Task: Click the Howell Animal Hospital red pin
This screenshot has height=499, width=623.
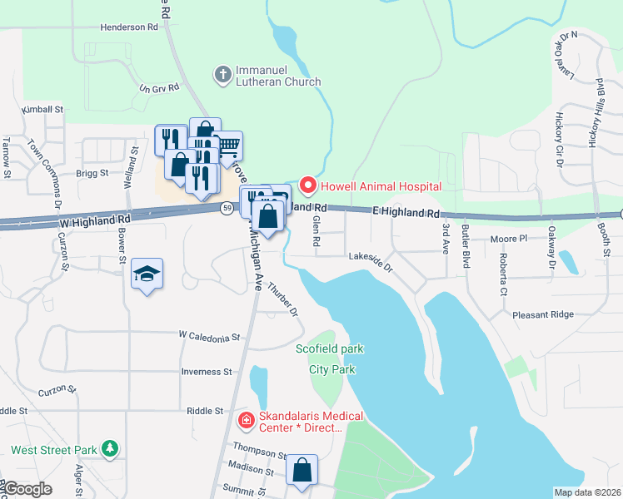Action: coord(308,184)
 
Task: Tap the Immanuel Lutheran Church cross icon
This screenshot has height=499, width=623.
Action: coord(222,75)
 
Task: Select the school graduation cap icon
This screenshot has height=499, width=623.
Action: coord(147,274)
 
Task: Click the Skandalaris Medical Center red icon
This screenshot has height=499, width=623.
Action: coord(246,421)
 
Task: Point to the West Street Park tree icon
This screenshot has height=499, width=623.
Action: coord(109,449)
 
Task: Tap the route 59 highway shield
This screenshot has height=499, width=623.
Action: coord(227,209)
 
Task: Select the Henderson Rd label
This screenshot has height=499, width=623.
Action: coord(129,27)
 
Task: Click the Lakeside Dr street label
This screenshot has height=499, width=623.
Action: coord(370,259)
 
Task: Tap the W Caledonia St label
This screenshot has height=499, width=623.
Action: coord(208,337)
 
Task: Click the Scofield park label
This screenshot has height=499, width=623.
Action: coord(330,348)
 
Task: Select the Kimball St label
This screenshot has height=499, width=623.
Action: coord(42,109)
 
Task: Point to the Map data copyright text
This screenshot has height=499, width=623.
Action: coord(586,492)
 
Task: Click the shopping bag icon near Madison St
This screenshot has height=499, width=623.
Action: coord(302,470)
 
